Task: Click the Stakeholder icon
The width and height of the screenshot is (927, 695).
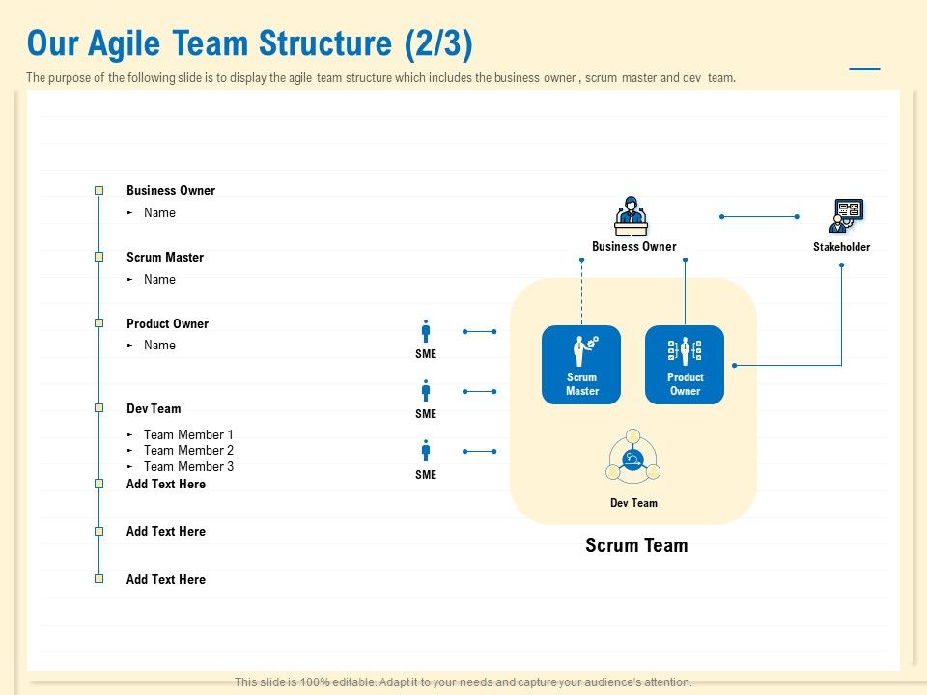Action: click(847, 215)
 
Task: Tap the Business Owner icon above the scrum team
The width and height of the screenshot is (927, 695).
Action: click(632, 216)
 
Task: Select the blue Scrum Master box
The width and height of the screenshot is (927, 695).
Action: click(581, 364)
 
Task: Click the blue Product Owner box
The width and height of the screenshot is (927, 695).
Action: click(685, 364)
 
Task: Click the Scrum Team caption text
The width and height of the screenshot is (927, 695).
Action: click(636, 545)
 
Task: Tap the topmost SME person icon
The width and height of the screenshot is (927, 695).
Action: click(426, 331)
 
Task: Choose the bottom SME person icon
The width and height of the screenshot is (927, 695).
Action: click(426, 451)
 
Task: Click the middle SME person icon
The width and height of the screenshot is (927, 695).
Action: click(426, 391)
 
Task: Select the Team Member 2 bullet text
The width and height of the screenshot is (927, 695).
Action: click(188, 451)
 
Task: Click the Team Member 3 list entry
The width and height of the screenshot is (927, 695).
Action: click(188, 467)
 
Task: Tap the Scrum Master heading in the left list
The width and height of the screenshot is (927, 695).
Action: click(165, 258)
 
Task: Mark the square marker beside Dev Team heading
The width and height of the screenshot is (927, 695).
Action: click(98, 408)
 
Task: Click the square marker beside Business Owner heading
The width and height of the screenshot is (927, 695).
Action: click(98, 191)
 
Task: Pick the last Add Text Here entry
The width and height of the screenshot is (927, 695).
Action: click(166, 579)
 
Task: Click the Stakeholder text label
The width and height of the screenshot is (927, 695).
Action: click(841, 247)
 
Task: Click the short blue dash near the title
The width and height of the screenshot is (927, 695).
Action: click(863, 69)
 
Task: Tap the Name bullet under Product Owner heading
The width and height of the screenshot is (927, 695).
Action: click(159, 346)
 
